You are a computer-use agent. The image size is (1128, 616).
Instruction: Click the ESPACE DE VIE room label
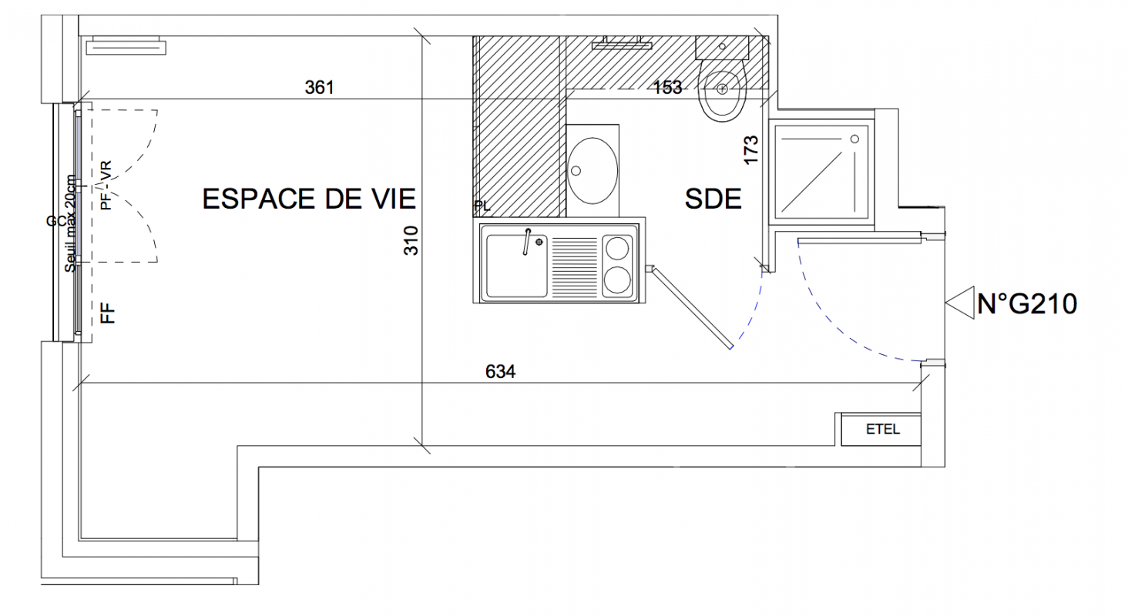309,199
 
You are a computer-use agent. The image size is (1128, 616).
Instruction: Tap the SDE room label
713,199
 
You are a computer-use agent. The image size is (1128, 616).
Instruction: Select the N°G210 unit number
1027,304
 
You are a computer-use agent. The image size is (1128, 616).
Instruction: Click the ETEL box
881,430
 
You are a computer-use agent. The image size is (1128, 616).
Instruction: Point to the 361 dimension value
319,88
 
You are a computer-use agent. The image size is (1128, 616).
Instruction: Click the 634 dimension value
501,371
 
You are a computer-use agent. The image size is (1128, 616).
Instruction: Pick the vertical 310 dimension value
411,240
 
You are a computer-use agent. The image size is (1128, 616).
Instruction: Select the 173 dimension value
750,149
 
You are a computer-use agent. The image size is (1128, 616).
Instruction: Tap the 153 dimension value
667,88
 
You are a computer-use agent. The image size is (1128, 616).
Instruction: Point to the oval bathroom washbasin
593,171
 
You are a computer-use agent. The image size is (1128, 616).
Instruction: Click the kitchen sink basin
517,266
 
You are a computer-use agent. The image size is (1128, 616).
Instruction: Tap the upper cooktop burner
617,248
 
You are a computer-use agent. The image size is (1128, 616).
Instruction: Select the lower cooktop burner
617,280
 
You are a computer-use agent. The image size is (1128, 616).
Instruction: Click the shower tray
822,172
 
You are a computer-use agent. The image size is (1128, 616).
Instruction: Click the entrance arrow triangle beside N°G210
960,303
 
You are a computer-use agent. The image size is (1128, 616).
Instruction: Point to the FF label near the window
108,313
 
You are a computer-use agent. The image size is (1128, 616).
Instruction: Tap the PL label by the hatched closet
482,206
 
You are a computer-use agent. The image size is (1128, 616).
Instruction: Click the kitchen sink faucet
527,242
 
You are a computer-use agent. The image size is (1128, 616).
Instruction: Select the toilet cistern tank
722,47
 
